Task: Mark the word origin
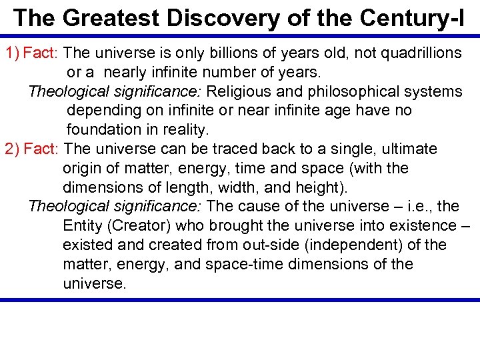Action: [x=82, y=168]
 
